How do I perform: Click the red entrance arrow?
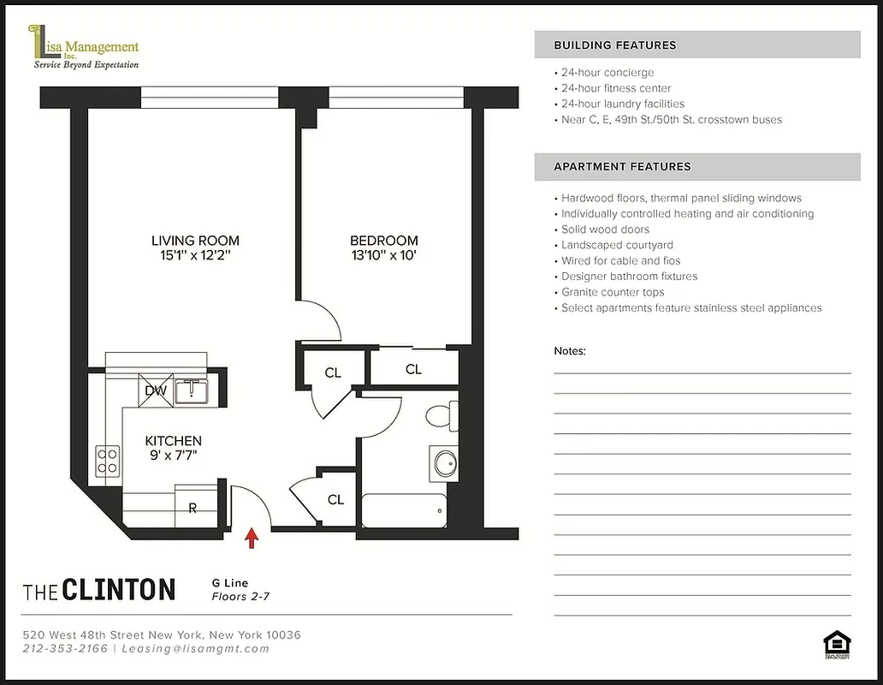(252, 537)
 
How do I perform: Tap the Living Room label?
(195, 241)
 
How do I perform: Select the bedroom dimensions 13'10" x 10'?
(383, 255)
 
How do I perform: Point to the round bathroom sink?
(445, 463)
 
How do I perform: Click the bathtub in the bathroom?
(404, 510)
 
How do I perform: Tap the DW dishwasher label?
(155, 391)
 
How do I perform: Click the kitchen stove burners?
(108, 461)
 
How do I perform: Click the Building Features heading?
(615, 45)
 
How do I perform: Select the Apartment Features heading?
(622, 167)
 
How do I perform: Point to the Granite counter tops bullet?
(612, 292)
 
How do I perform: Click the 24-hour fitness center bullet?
(615, 88)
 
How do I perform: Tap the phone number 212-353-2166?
(65, 649)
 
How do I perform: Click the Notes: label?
(570, 351)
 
